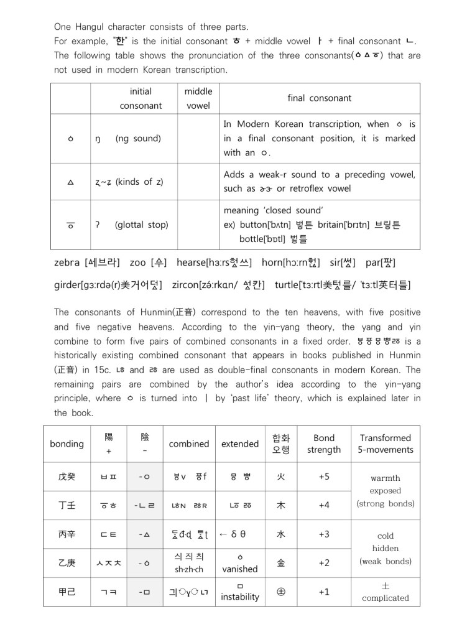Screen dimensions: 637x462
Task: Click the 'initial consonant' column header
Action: (141, 98)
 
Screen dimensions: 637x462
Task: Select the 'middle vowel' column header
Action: (198, 98)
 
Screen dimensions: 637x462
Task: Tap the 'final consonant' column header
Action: (319, 98)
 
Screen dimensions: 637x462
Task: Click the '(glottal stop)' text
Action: (141, 225)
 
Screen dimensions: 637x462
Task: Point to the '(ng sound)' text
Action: (138, 138)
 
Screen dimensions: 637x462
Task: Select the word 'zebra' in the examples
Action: (67, 263)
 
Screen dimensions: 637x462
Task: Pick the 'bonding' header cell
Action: (67, 444)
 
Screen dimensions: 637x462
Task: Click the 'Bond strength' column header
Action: (324, 444)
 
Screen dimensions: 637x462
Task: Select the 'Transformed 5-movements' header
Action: (386, 444)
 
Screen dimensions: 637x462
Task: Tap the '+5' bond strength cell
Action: (324, 477)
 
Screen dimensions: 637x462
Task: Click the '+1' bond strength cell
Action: (324, 592)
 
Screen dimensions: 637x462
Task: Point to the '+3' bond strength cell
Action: (324, 534)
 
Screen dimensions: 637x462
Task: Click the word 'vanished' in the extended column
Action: (240, 569)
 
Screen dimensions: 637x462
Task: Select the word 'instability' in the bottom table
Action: (240, 597)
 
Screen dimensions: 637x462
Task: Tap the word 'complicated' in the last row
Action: (386, 598)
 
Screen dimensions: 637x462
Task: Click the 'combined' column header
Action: (189, 444)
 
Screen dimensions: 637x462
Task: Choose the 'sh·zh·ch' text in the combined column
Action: (189, 569)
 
